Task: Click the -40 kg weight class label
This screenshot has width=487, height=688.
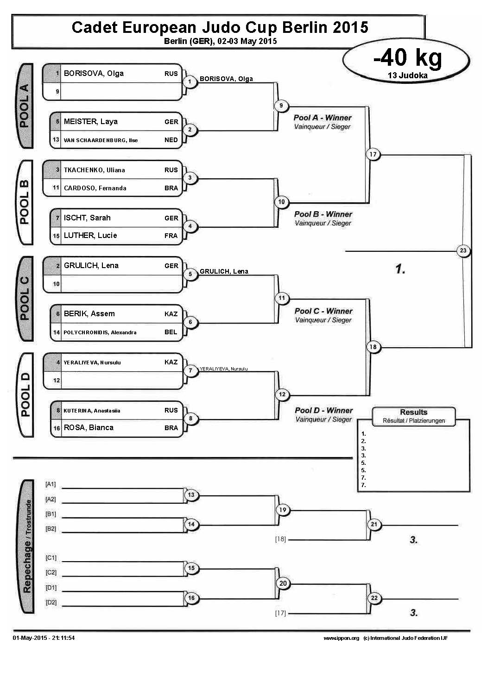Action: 407,58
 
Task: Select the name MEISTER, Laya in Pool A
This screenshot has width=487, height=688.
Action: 91,122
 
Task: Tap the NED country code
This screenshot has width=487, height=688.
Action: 171,140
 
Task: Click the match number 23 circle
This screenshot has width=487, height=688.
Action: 463,250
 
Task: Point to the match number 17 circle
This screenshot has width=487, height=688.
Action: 373,154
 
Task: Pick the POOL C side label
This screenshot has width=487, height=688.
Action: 25,299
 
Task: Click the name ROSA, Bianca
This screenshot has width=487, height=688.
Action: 89,428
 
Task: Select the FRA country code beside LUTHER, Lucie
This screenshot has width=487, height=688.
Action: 171,236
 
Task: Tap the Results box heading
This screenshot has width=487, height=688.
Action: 413,412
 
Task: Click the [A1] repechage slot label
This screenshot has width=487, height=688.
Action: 51,484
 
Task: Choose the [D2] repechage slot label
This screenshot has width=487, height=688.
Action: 51,602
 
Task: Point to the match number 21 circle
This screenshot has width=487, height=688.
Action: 374,525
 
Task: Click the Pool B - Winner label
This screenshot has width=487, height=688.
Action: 323,214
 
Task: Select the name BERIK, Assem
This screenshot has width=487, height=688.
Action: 89,314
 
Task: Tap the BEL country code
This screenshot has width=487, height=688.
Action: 171,332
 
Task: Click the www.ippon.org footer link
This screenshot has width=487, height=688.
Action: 341,638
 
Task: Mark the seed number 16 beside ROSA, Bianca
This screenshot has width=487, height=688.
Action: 57,428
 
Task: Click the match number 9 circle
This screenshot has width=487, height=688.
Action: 281,106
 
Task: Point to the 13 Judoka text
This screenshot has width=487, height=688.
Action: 408,75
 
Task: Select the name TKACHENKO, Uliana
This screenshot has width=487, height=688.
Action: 95,170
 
